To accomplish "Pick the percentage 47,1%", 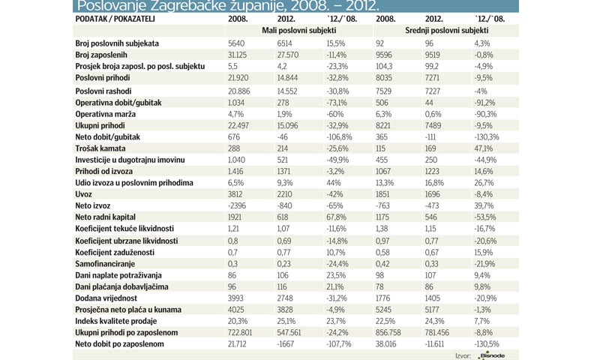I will (x=485, y=149).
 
